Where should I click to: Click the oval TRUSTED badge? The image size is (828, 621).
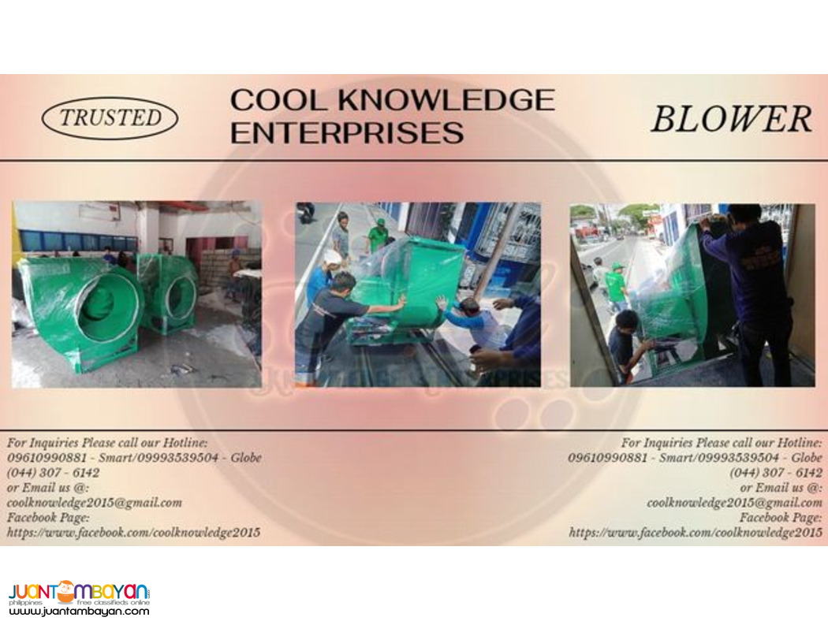pyautogui.click(x=110, y=118)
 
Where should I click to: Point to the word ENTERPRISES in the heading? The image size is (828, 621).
pyautogui.click(x=346, y=132)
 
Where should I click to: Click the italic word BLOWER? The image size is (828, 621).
pyautogui.click(x=731, y=119)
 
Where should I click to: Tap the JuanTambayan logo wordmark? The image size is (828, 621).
pyautogui.click(x=79, y=591)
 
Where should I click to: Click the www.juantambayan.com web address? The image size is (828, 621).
pyautogui.click(x=79, y=611)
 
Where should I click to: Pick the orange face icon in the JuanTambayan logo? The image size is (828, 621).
pyautogui.click(x=66, y=589)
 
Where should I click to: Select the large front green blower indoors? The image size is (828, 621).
pyautogui.click(x=79, y=311)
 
